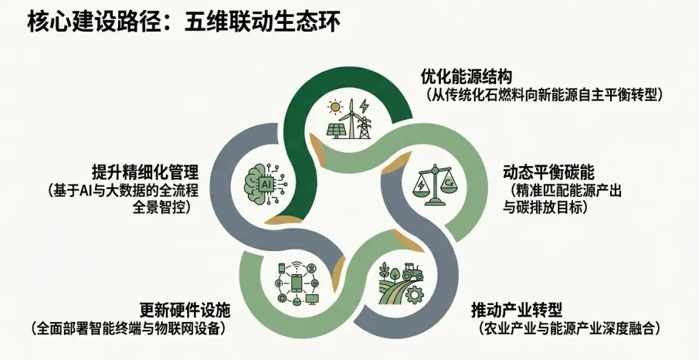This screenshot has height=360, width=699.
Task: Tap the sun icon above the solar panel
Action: (334, 106)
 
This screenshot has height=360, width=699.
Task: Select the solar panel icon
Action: (338, 129)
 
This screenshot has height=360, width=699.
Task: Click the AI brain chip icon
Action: (264, 184)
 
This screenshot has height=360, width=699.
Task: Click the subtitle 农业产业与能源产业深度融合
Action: (569, 328)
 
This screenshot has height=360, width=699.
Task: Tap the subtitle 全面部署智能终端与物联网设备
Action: (128, 328)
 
